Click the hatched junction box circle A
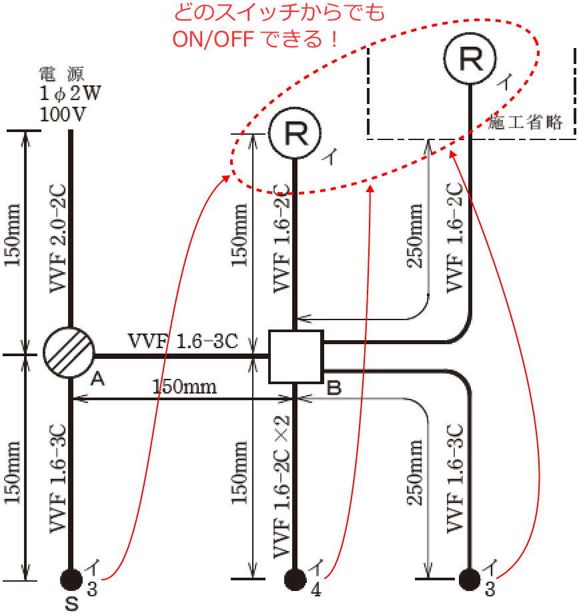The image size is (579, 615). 69,354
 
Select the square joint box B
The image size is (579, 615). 296,356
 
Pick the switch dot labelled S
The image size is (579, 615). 71,578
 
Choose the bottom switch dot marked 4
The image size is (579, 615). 295,578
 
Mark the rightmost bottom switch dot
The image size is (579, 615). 471,578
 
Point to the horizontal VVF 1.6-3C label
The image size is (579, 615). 183,342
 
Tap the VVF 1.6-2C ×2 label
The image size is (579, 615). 283,486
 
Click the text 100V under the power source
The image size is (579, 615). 63,113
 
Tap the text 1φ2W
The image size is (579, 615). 70,94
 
